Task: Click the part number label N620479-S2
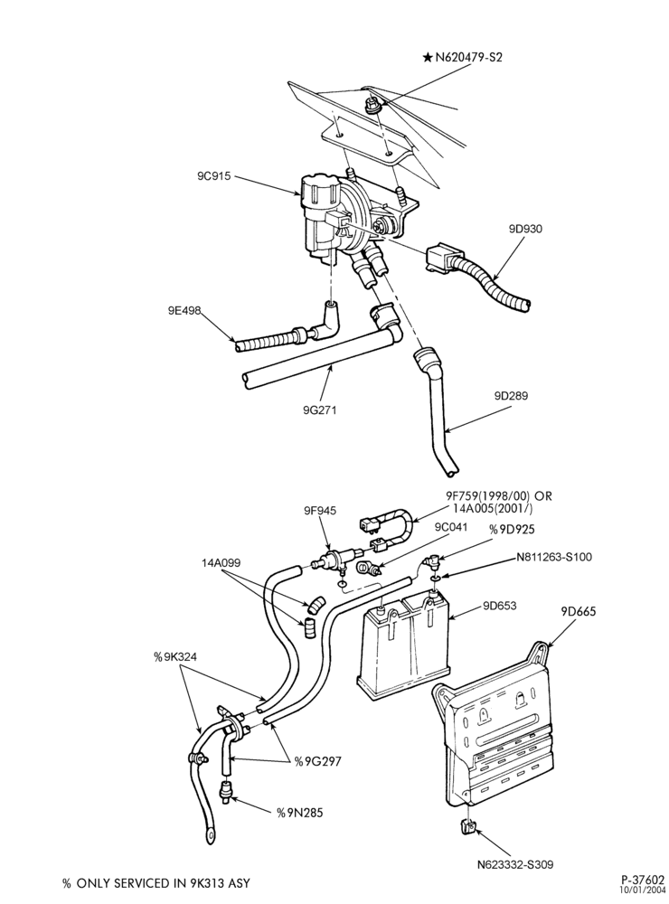click(x=469, y=57)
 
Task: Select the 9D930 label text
click(x=525, y=229)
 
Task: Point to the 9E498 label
click(x=184, y=311)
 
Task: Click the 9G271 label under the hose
click(x=319, y=410)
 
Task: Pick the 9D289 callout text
click(x=511, y=396)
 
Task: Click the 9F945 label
click(x=320, y=511)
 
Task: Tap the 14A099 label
click(x=221, y=562)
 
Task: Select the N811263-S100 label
click(x=554, y=557)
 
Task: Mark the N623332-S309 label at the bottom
click(x=515, y=864)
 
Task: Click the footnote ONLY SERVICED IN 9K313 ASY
click(x=164, y=883)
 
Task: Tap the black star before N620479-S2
click(x=428, y=57)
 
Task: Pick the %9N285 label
click(x=299, y=813)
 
